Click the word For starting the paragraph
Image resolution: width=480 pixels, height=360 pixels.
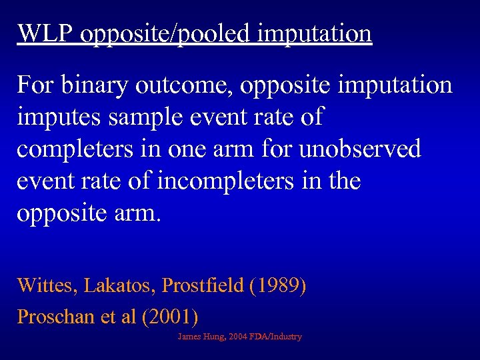tap(36, 85)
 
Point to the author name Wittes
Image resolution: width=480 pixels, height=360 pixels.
tap(46, 286)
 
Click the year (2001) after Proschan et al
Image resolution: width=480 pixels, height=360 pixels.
tap(170, 317)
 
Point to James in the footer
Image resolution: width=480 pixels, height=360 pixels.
tap(189, 337)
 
